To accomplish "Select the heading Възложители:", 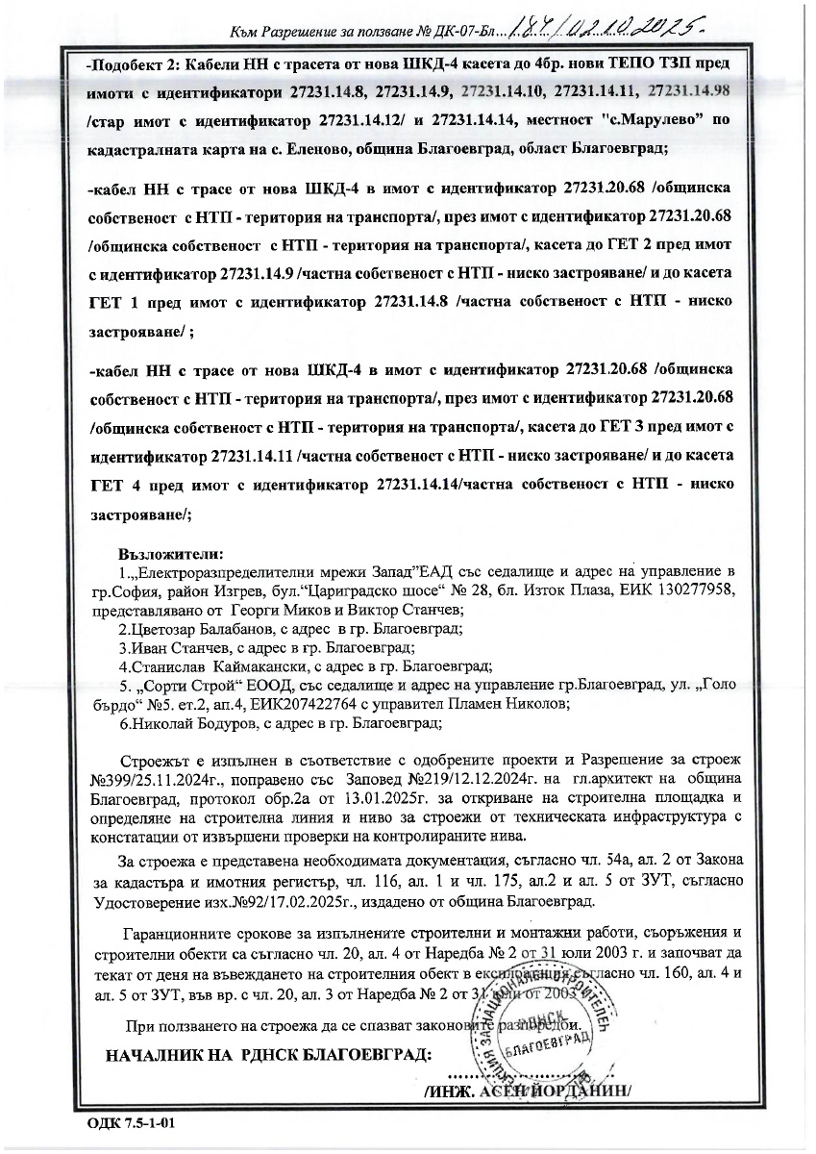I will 170,555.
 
